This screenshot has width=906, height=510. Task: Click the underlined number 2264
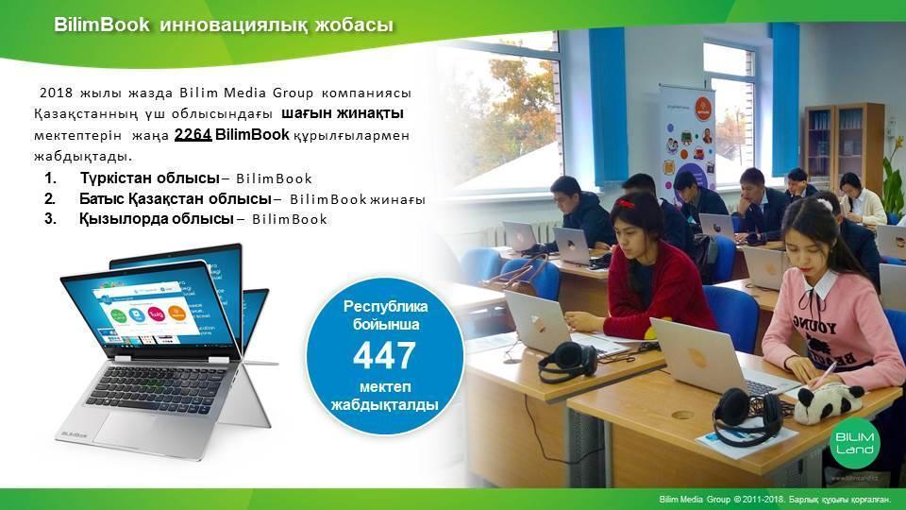(x=193, y=135)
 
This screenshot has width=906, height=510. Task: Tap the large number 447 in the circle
(x=384, y=356)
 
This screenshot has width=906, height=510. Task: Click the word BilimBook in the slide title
(x=102, y=25)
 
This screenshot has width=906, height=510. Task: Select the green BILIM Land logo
(x=855, y=443)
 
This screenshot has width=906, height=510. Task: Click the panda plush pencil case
(x=829, y=402)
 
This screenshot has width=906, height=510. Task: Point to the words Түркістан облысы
(x=150, y=178)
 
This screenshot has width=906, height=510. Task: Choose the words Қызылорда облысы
(x=157, y=219)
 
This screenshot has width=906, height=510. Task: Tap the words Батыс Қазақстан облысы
(x=176, y=199)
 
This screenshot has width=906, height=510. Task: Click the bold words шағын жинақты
(x=343, y=113)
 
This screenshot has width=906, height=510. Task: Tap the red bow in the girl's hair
(x=626, y=204)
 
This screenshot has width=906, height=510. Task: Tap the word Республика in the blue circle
(x=385, y=306)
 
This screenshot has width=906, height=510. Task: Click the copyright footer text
(x=775, y=499)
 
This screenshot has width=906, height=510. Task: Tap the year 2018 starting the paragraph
(x=56, y=93)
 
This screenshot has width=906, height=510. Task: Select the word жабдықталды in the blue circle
(x=384, y=405)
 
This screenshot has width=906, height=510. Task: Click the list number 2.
(x=50, y=199)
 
